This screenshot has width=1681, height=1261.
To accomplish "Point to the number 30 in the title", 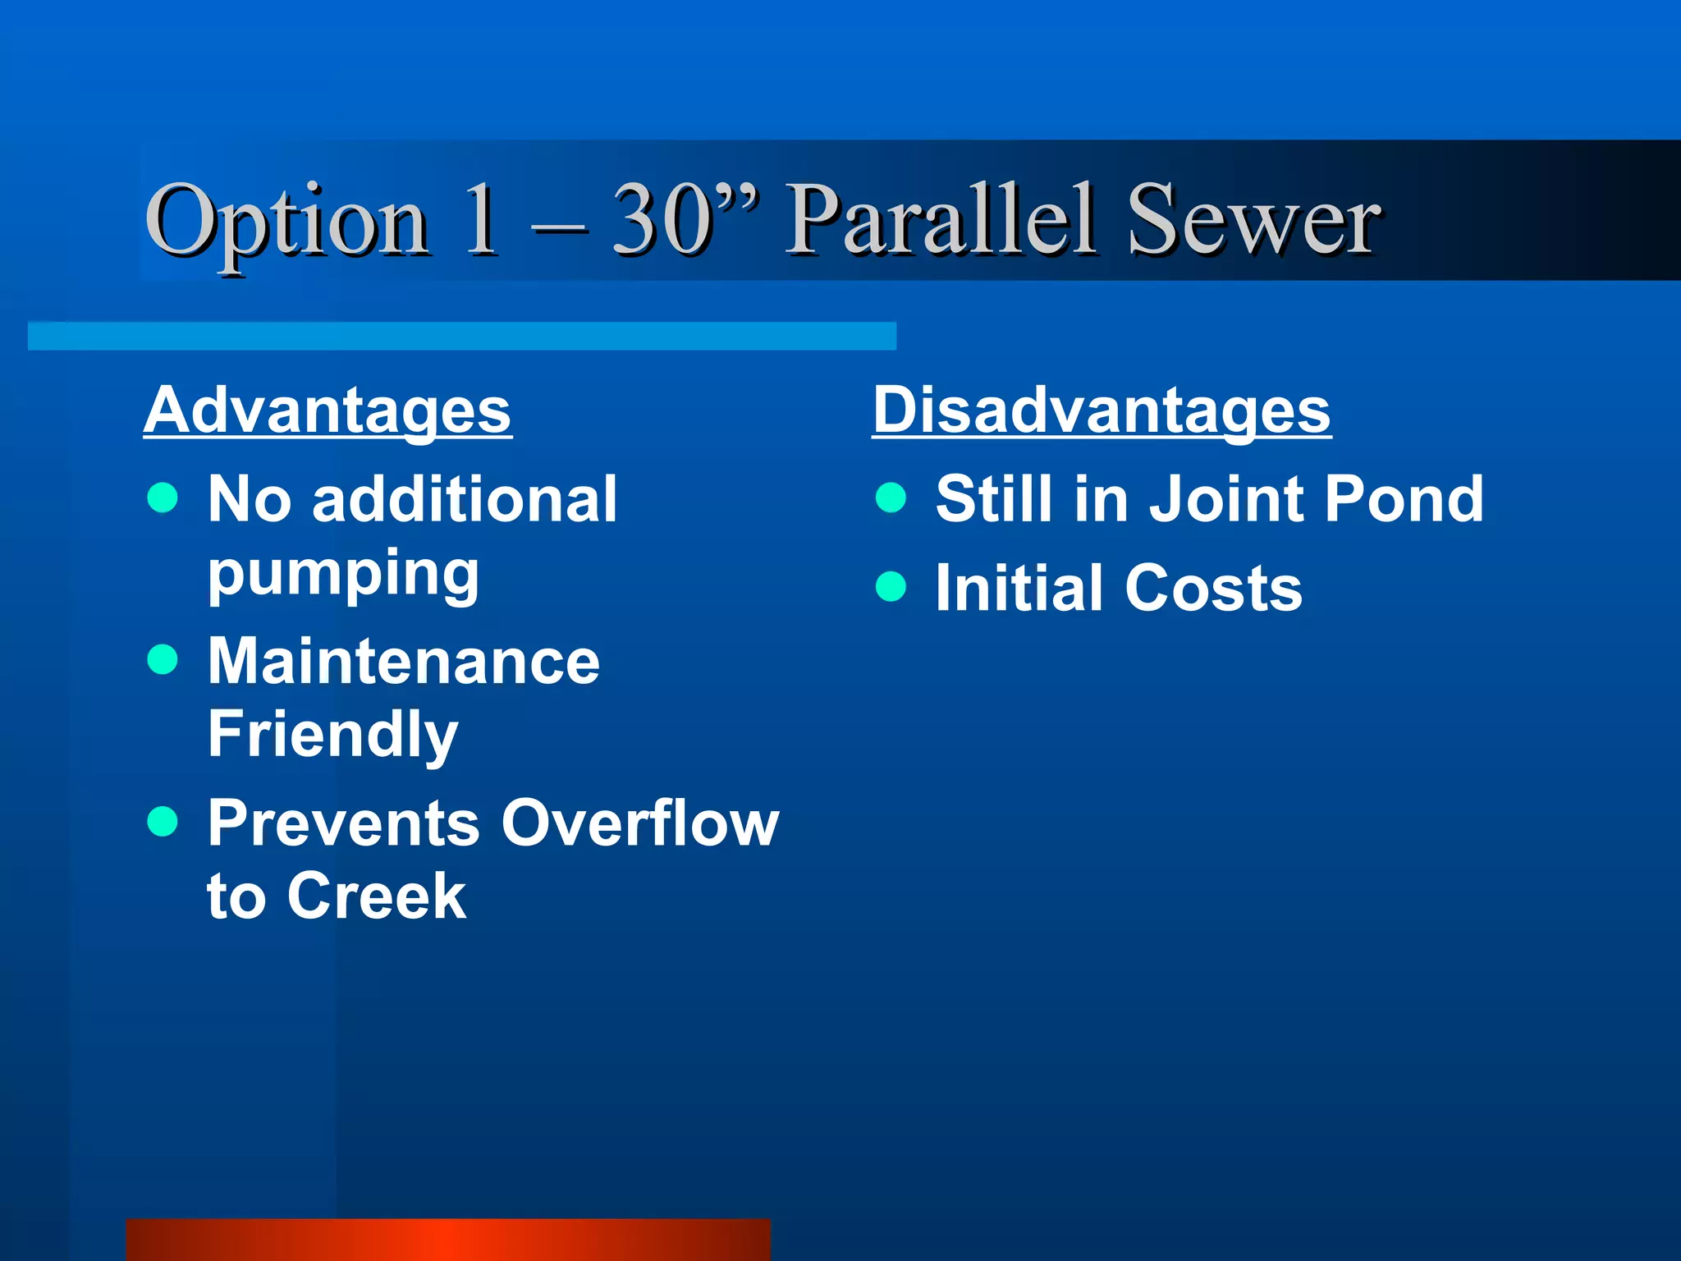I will point(662,220).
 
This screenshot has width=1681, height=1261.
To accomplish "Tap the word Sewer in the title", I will point(1253,220).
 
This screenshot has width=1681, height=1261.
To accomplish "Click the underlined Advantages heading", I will point(327,410).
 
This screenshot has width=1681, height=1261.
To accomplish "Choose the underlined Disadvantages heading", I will point(1101,410).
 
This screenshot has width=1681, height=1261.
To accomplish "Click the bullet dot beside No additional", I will point(163,497).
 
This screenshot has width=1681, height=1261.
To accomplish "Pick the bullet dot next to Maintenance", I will point(163,659).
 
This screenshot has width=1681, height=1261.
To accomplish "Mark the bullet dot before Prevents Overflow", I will point(163,821).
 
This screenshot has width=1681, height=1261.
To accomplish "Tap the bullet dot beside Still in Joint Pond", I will point(891,497).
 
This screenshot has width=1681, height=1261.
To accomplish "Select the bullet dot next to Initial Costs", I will point(891,586).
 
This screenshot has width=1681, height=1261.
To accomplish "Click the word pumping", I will point(343,574).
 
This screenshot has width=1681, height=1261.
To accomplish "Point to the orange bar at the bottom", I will point(448,1240).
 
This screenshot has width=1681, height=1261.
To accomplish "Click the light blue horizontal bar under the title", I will point(461,336).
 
